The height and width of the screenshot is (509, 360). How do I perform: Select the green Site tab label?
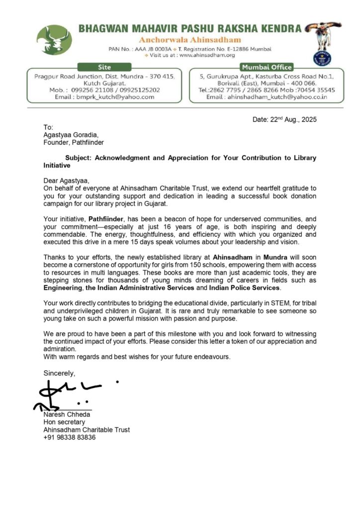pos(104,67)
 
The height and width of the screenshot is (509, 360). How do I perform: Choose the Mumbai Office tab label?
pos(267,67)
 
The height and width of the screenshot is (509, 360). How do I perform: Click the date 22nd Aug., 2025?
pos(284,120)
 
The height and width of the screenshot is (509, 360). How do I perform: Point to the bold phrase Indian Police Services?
pos(238,288)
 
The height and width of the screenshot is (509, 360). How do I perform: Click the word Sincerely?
pos(60,373)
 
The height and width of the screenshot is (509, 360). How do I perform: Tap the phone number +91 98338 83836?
pos(70,437)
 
